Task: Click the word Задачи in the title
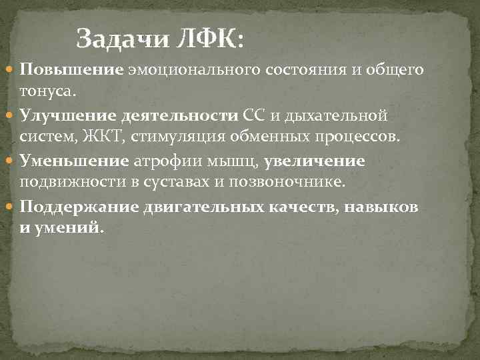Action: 120,39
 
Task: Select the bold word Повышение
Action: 71,69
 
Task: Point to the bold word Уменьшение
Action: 73,161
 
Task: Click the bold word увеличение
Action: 315,161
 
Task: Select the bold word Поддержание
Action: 79,207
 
